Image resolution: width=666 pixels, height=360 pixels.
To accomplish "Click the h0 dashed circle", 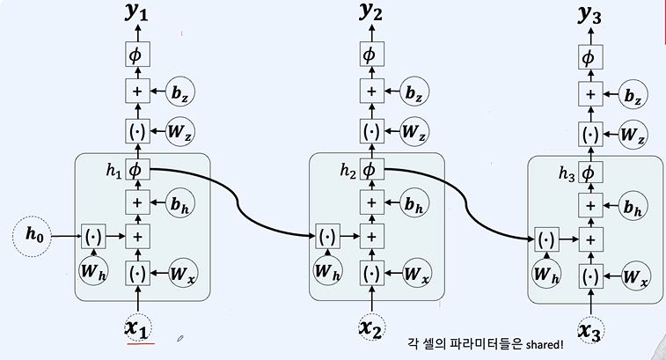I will (x=33, y=235).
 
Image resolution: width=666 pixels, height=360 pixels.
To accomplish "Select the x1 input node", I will (x=137, y=327).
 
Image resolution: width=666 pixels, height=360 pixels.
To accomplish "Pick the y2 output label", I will (x=371, y=14).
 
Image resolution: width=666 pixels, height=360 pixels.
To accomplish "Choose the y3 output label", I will (x=589, y=16).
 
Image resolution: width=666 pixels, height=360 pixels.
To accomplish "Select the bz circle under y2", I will (x=416, y=91).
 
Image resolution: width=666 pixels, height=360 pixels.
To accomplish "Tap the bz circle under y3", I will (x=633, y=92).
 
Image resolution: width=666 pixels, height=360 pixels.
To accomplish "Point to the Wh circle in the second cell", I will (x=328, y=268).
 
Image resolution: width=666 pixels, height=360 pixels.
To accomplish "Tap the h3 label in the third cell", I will (x=567, y=173).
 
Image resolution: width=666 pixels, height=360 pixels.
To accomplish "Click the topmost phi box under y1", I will (x=137, y=54).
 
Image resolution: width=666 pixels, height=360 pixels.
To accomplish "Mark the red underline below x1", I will (x=139, y=344).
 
